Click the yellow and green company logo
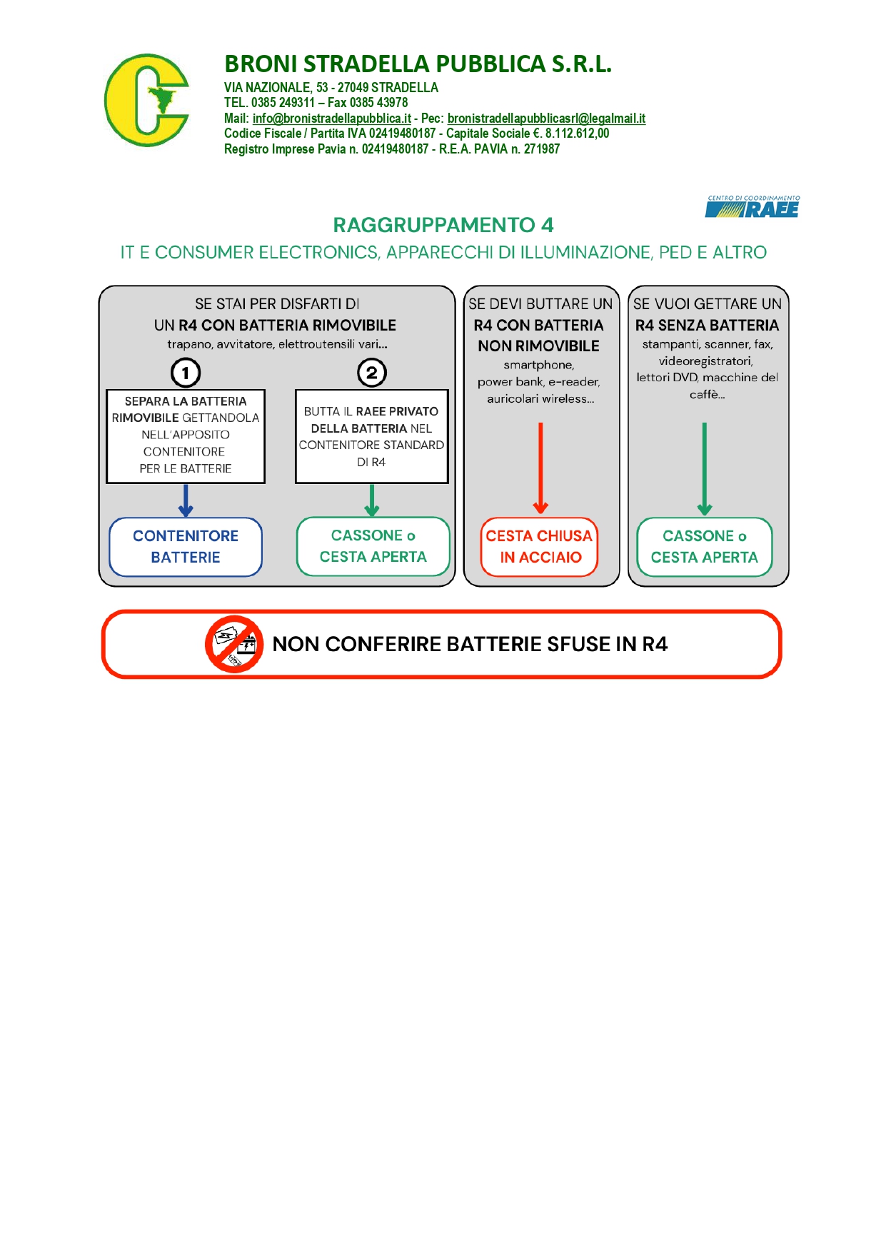146,101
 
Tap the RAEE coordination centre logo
752,207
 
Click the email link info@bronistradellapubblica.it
331,119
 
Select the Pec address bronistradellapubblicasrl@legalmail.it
546,119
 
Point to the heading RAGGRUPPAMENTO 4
443,225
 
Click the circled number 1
186,373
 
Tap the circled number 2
371,373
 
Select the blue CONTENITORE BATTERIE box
186,547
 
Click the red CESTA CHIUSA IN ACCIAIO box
540,547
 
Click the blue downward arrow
186,500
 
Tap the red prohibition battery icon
234,644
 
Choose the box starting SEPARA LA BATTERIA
186,436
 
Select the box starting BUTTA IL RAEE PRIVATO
371,436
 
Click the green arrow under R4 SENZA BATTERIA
705,468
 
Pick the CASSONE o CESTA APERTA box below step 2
373,546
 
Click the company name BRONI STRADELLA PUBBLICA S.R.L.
418,64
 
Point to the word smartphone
538,365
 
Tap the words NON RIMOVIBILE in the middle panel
538,346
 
